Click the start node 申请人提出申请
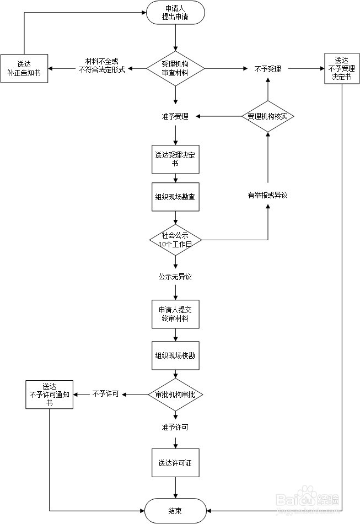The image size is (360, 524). (x=175, y=13)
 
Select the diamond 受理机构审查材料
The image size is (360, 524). (x=175, y=68)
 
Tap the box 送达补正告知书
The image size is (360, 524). (x=24, y=68)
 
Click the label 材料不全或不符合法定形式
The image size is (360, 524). (x=101, y=66)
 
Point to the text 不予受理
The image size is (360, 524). (x=267, y=69)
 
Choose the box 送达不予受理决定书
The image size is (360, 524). (x=342, y=68)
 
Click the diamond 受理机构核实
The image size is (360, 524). (x=268, y=116)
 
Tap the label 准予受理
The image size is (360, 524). (x=175, y=116)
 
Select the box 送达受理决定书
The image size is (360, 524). (x=175, y=159)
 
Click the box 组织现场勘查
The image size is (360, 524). (x=175, y=197)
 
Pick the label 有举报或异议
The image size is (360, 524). (x=267, y=195)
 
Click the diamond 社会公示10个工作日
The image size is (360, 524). (x=175, y=240)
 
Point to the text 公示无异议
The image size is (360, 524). (x=175, y=277)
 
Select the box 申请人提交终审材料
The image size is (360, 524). (x=175, y=314)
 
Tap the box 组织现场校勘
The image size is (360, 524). (x=175, y=355)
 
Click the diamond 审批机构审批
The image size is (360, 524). (x=175, y=395)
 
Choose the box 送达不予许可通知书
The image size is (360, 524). (x=50, y=395)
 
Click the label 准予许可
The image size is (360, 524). (x=175, y=427)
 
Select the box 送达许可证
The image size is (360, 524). (x=175, y=463)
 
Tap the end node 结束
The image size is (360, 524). (x=175, y=511)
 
